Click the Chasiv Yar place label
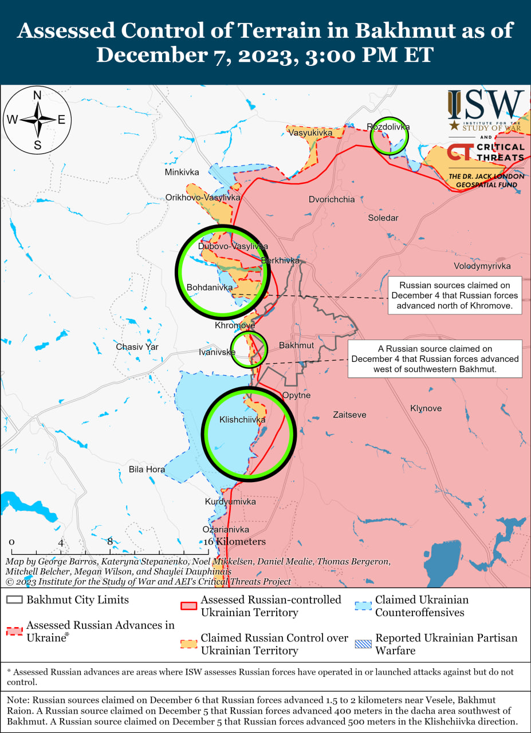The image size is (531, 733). click(x=137, y=347)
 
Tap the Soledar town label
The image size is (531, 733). click(x=383, y=218)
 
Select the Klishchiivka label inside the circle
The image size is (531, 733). click(x=242, y=420)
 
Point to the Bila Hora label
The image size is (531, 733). click(x=147, y=470)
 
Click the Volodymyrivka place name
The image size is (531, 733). click(x=482, y=266)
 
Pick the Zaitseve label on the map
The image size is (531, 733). click(x=349, y=415)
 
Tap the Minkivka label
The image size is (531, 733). click(x=182, y=172)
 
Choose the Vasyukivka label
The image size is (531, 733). click(x=310, y=133)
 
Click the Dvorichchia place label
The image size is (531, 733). click(x=332, y=200)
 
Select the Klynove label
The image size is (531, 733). click(x=426, y=408)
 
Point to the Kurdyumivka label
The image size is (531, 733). click(x=230, y=502)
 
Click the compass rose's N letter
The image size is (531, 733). click(x=37, y=96)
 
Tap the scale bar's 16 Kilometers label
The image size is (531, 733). click(x=234, y=542)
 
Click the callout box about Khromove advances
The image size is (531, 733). click(x=455, y=295)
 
